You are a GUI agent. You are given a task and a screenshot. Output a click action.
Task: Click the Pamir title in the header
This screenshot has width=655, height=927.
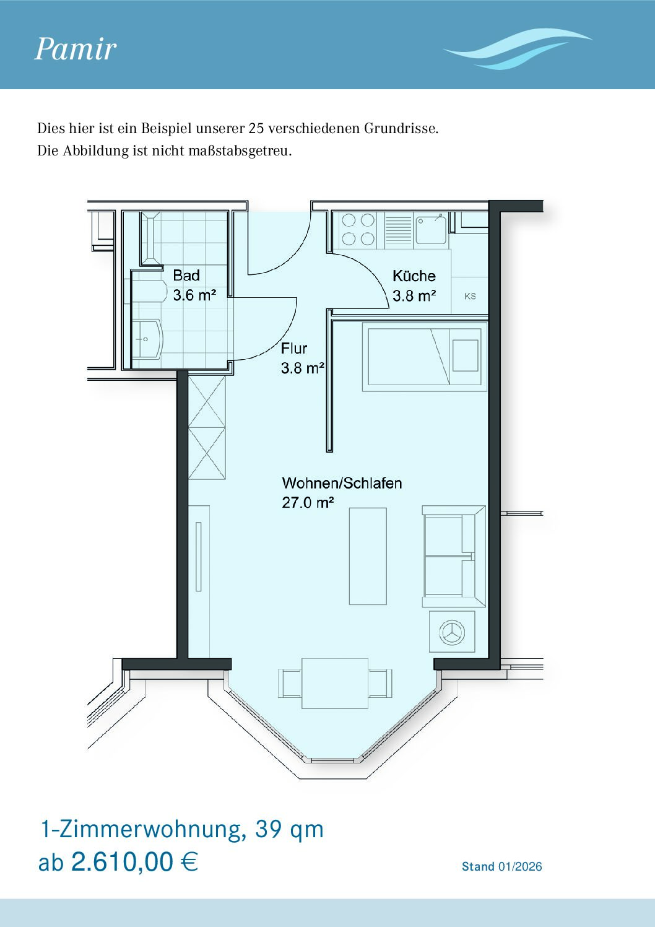76,50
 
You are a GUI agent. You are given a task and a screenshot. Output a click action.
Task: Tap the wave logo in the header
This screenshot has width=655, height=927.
517,49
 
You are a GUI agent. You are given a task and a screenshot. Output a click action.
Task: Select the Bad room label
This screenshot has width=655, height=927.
186,275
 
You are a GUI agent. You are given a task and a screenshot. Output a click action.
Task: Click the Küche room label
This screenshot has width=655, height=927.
414,276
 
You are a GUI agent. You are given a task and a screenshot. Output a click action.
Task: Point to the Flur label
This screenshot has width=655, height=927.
294,349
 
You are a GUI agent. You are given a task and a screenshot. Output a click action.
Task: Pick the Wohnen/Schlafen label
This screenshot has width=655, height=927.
342,483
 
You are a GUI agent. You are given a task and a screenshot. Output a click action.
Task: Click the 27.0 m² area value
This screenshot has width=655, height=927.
308,503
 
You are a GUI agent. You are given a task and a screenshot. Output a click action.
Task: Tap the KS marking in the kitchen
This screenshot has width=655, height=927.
470,297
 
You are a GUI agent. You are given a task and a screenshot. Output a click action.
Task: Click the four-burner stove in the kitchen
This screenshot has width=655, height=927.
358,229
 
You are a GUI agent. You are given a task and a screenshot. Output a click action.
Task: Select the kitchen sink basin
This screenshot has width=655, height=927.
431,229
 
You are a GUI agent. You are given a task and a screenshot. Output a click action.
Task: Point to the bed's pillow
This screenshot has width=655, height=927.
466,355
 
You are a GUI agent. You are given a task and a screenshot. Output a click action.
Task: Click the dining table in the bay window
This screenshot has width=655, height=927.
335,683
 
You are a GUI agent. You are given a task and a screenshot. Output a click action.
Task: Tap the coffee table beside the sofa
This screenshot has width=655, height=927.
368,557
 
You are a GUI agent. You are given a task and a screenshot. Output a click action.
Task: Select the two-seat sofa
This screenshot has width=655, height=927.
454,556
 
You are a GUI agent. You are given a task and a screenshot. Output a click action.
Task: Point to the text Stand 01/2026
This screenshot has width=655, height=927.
502,866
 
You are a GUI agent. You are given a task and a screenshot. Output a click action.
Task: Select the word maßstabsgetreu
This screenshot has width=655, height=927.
240,150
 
